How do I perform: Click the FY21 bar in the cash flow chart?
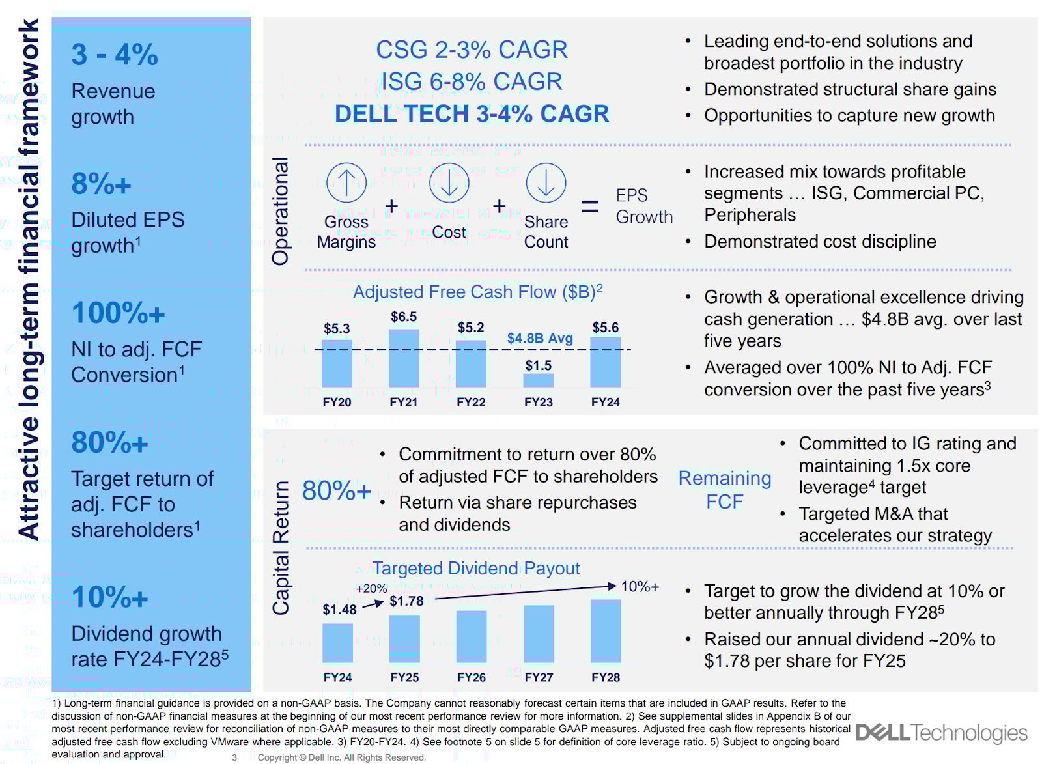click(x=404, y=358)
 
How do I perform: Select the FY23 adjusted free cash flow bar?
click(x=539, y=380)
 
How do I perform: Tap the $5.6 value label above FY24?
click(x=605, y=328)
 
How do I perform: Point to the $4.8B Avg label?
click(x=540, y=338)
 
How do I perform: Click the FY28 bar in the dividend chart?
click(x=606, y=630)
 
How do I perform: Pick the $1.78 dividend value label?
click(x=406, y=601)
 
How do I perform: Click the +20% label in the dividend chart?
click(x=371, y=589)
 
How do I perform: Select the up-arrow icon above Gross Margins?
click(x=346, y=182)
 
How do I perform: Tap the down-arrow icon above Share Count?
click(x=546, y=182)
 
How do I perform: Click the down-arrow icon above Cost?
click(x=449, y=182)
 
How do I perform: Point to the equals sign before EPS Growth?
click(x=589, y=207)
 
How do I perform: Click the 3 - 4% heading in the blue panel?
click(x=115, y=55)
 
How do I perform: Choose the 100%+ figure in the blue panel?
click(x=118, y=313)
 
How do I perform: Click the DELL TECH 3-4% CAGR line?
click(x=472, y=114)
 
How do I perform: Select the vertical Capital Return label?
click(x=281, y=548)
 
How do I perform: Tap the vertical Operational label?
click(x=281, y=211)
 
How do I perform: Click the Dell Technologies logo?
click(x=941, y=733)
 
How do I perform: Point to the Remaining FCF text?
click(x=724, y=490)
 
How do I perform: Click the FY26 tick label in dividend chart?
click(x=472, y=677)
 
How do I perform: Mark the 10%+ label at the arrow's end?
click(x=640, y=587)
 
